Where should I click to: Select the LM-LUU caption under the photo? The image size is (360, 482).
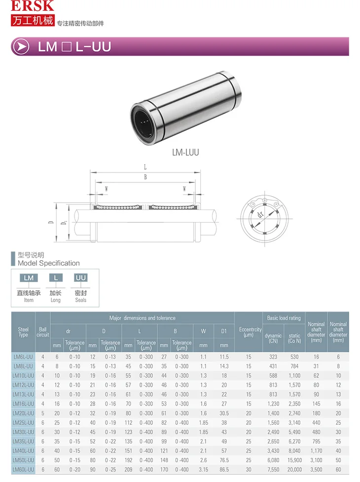(x=185, y=152)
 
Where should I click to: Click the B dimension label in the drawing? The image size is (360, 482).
(x=145, y=177)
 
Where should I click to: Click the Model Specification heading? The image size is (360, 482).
(x=48, y=263)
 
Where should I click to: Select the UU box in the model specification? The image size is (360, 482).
(x=80, y=278)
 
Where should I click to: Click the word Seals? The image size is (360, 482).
(x=80, y=300)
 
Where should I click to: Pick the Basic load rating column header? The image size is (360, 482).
(x=284, y=318)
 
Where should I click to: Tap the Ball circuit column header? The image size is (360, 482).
(x=43, y=332)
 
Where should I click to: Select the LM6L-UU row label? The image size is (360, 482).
(x=24, y=357)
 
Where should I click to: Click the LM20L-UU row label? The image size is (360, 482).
(x=24, y=413)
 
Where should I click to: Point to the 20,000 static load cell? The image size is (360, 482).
(x=294, y=470)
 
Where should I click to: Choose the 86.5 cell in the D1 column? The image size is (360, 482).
(x=224, y=470)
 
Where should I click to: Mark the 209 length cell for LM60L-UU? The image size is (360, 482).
(x=128, y=470)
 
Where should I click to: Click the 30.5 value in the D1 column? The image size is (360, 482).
(x=224, y=413)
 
